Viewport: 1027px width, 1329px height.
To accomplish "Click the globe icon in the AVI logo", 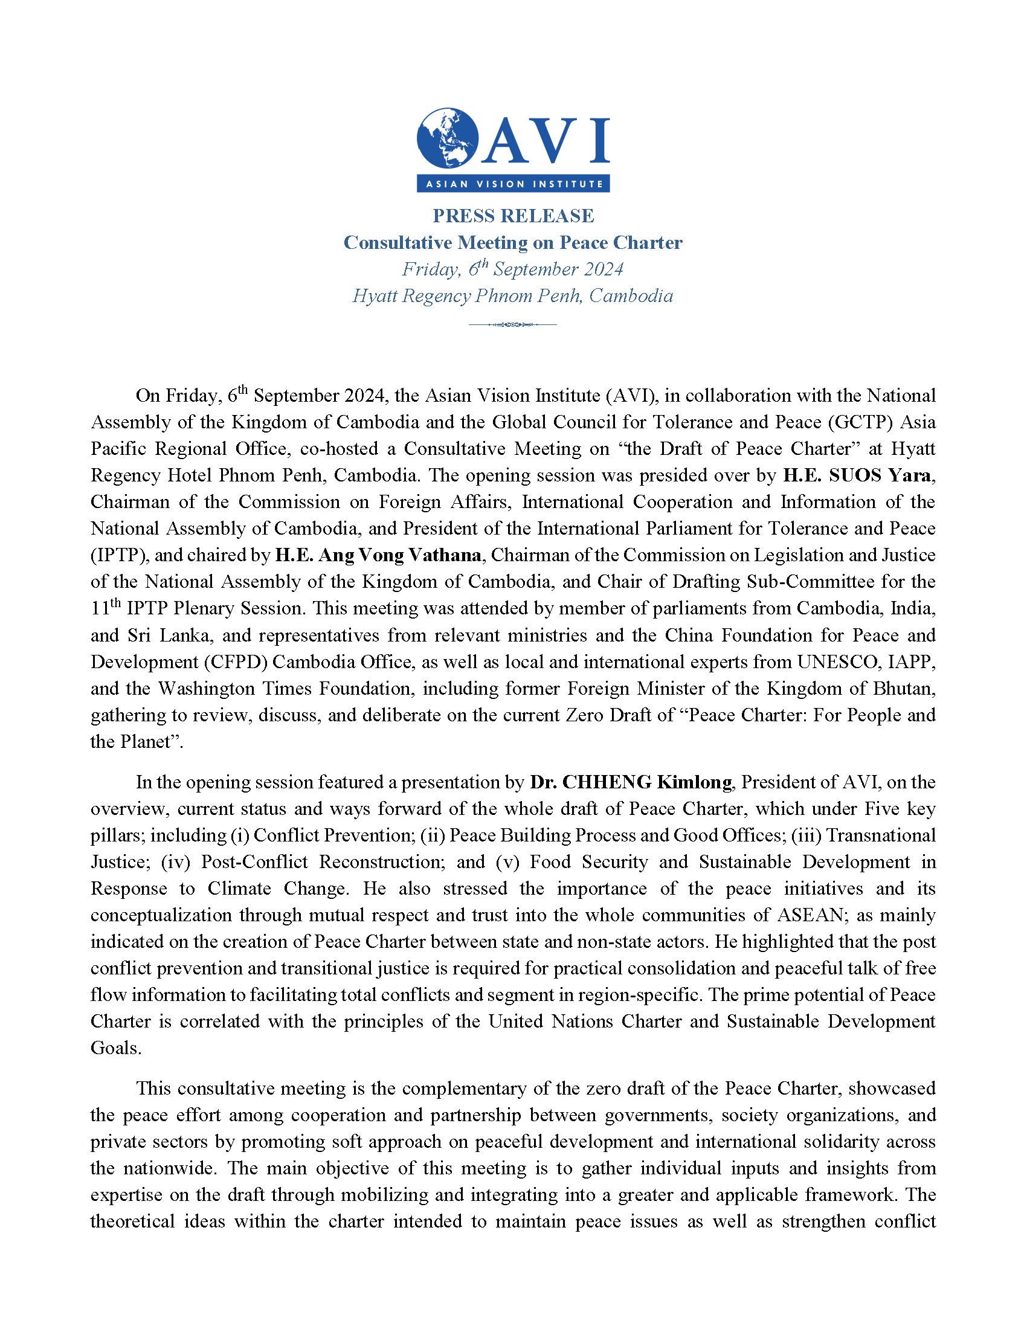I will coord(447,138).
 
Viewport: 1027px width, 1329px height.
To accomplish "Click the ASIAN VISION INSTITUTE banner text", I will coord(513,184).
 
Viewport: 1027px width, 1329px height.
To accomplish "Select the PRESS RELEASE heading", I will coord(513,216).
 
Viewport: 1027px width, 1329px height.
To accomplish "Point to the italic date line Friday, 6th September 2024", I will coord(512,269).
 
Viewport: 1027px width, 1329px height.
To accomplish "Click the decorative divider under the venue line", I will coord(512,324).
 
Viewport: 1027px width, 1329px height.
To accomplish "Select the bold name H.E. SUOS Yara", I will coord(857,475).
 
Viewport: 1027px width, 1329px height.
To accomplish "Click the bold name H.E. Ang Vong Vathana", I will coord(378,555).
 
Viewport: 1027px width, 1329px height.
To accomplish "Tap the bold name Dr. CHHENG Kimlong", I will coord(631,782).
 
